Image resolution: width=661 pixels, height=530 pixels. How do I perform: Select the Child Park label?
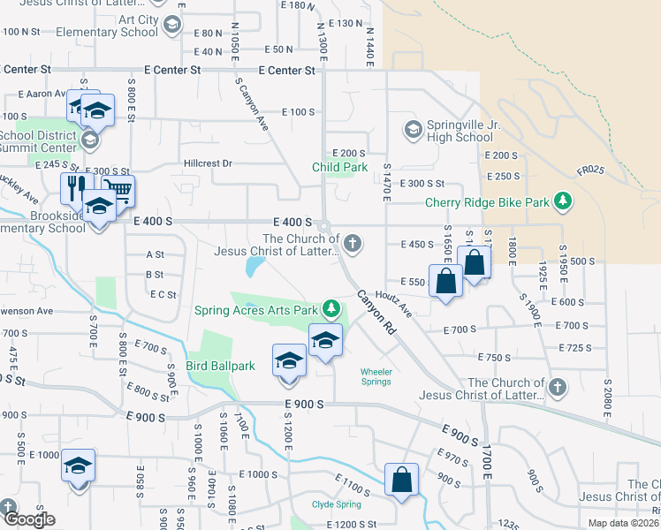(339, 167)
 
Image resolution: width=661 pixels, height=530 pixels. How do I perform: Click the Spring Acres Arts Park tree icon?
(330, 309)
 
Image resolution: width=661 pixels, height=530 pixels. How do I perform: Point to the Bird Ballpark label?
(220, 366)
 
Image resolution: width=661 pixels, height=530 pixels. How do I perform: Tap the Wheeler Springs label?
(376, 376)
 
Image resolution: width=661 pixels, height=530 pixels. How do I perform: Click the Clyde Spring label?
(336, 504)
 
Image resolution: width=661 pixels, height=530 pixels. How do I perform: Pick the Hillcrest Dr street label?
(208, 163)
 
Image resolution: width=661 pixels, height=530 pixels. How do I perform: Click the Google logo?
(28, 519)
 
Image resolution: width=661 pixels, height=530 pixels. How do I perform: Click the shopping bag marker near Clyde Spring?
(401, 481)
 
